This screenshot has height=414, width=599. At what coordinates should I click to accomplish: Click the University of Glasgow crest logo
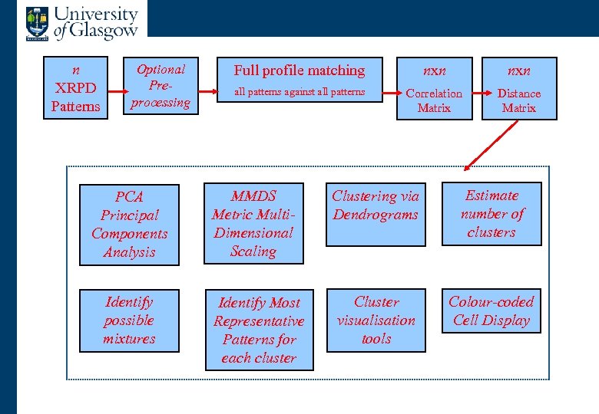(x=35, y=22)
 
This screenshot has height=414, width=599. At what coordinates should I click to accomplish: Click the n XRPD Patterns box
(x=75, y=87)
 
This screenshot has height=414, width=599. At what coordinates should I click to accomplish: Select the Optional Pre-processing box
(x=161, y=86)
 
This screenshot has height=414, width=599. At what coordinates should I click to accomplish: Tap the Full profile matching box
(x=299, y=80)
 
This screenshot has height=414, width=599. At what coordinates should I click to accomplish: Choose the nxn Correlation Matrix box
(x=434, y=87)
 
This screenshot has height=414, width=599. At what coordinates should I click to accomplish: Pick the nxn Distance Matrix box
(x=519, y=87)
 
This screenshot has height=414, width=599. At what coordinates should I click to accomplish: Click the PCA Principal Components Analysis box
(x=130, y=225)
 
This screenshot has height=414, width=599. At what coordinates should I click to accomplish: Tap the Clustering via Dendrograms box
(x=376, y=215)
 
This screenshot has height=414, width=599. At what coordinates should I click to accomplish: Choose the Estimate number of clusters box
(x=491, y=214)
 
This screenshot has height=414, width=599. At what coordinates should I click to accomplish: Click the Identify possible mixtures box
(x=129, y=320)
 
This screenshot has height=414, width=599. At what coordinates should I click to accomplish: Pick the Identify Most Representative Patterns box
(x=259, y=330)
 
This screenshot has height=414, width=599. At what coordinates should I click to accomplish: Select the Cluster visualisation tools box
(x=376, y=320)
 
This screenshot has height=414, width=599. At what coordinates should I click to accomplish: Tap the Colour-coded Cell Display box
(x=491, y=310)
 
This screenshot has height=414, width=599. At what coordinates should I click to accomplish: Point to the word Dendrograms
(x=376, y=215)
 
